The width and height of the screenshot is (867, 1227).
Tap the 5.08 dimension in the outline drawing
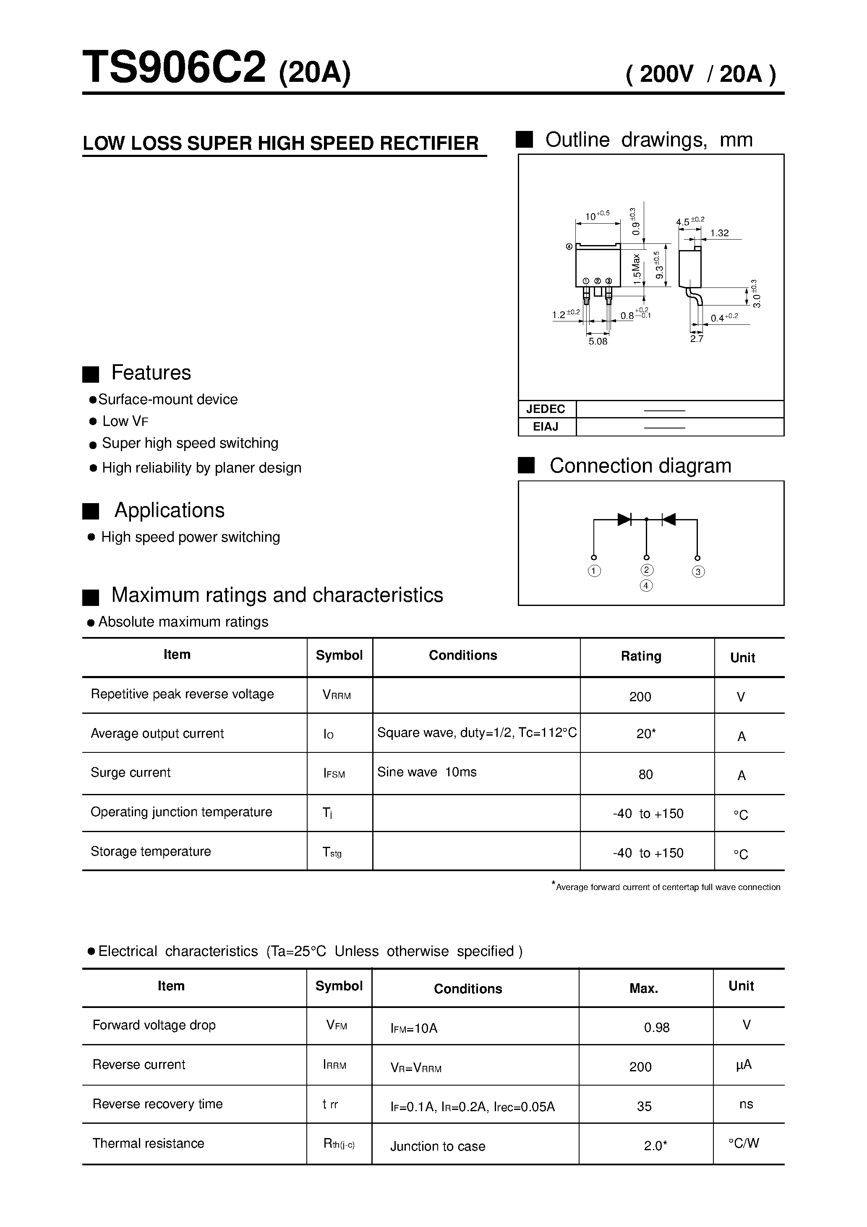pos(598,342)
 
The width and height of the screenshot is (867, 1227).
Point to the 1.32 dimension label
pos(719,233)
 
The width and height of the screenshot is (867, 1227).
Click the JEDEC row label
pos(545,409)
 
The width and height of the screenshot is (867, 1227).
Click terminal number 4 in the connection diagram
pos(646,586)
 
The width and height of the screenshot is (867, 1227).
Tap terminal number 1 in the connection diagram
pos(594,571)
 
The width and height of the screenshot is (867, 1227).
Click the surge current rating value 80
pos(645,774)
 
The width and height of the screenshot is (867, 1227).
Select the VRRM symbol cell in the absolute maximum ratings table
pos(337,695)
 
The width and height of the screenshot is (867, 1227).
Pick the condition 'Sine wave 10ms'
pos(426,772)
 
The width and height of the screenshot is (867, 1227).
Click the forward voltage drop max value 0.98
pos(656,1027)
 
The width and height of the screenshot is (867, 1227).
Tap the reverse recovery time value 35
pos(644,1106)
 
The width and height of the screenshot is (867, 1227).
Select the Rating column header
pos(641,656)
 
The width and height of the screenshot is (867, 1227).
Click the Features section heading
pos(151,373)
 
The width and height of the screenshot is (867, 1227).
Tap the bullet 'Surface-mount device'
pos(167,399)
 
